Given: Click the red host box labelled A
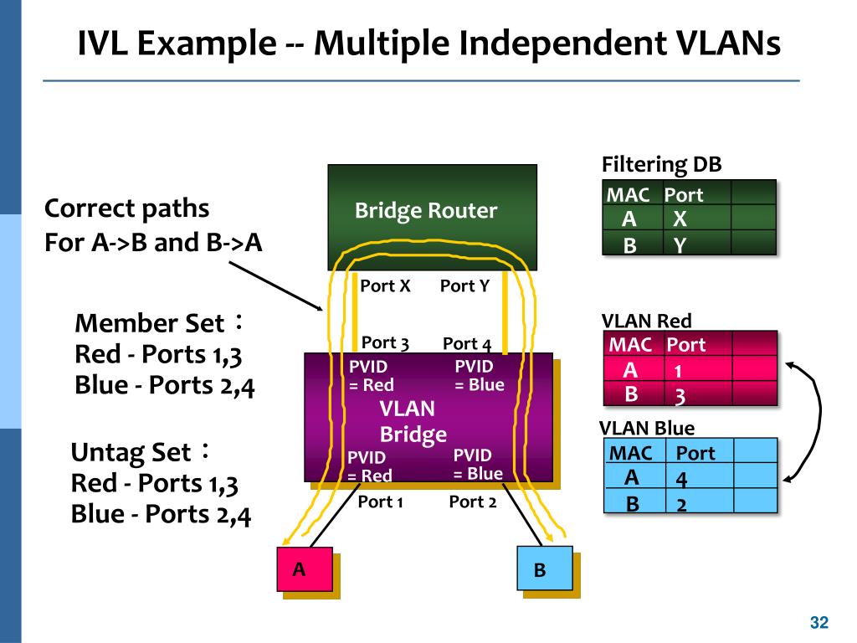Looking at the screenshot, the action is (305, 569).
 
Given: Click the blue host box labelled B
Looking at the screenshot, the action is (545, 568).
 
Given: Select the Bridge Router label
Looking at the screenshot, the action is (426, 210).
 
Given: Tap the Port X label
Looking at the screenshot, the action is (385, 285).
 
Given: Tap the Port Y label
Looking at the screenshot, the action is (464, 285).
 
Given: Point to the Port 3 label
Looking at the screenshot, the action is (385, 342).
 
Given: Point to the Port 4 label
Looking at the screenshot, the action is (467, 343).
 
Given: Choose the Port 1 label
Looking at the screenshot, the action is (381, 502).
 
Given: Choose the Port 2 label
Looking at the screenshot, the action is (473, 502).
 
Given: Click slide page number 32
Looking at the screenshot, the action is (819, 622).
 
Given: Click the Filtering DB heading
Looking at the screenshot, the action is (661, 164).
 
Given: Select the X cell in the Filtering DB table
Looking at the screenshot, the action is (680, 219).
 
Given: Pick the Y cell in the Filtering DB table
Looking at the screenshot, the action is (680, 245).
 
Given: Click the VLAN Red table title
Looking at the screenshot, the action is (646, 321).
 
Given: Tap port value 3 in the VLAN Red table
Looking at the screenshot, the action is (680, 395).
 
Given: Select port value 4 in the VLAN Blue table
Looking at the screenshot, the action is (681, 479).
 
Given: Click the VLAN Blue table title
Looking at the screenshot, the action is (647, 428).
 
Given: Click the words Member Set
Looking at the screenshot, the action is (149, 323).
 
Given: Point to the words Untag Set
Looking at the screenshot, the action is (131, 453).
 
